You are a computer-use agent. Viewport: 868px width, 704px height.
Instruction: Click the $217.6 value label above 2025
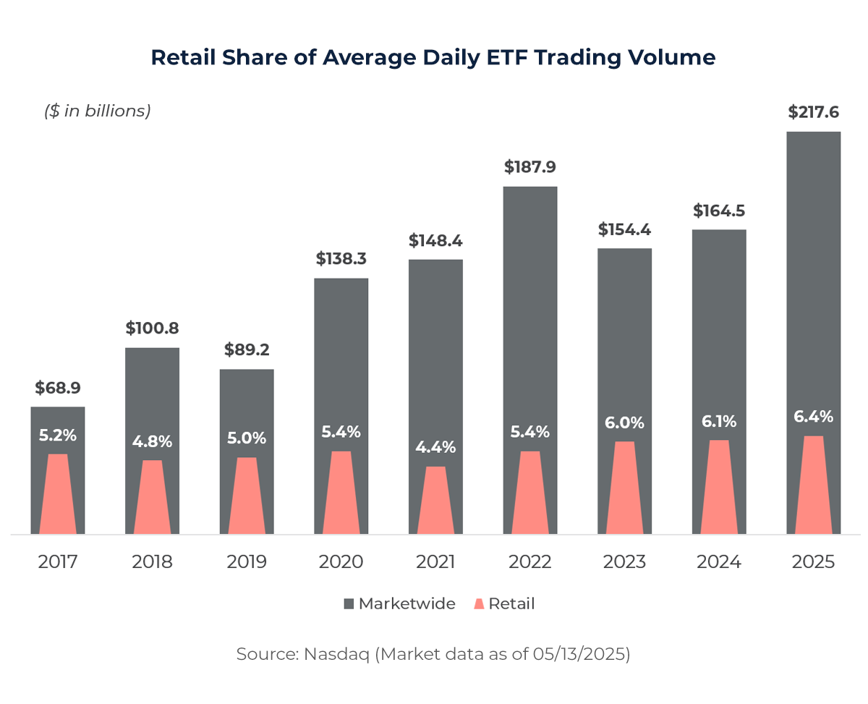click(x=813, y=113)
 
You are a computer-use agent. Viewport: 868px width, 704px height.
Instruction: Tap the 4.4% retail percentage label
click(x=435, y=447)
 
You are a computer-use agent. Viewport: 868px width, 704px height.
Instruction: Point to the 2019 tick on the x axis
click(x=247, y=562)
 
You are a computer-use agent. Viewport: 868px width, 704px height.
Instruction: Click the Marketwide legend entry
click(x=399, y=603)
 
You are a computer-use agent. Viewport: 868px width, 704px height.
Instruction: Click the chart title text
click(x=433, y=57)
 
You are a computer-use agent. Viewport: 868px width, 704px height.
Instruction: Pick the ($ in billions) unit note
click(x=98, y=111)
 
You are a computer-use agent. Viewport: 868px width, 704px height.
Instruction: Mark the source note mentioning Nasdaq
click(x=433, y=655)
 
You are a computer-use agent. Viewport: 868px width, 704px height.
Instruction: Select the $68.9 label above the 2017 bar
click(x=57, y=388)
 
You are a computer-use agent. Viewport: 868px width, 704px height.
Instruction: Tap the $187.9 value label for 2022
click(x=530, y=167)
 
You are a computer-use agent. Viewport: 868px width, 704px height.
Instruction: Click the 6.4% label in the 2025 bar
click(x=813, y=417)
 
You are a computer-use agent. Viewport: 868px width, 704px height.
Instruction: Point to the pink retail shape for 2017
click(x=57, y=495)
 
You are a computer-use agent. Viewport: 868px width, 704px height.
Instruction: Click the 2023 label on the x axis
click(x=625, y=562)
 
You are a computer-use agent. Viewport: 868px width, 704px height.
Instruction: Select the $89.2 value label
click(x=247, y=350)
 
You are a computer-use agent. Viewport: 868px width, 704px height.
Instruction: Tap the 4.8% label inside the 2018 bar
click(x=152, y=441)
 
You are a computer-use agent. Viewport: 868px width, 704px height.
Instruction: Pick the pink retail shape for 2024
click(x=719, y=488)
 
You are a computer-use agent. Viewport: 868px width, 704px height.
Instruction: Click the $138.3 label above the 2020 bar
click(x=341, y=259)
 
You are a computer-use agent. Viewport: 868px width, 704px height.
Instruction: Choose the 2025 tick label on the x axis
click(x=813, y=562)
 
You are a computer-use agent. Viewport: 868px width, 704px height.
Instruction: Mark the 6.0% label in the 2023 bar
click(x=625, y=423)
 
